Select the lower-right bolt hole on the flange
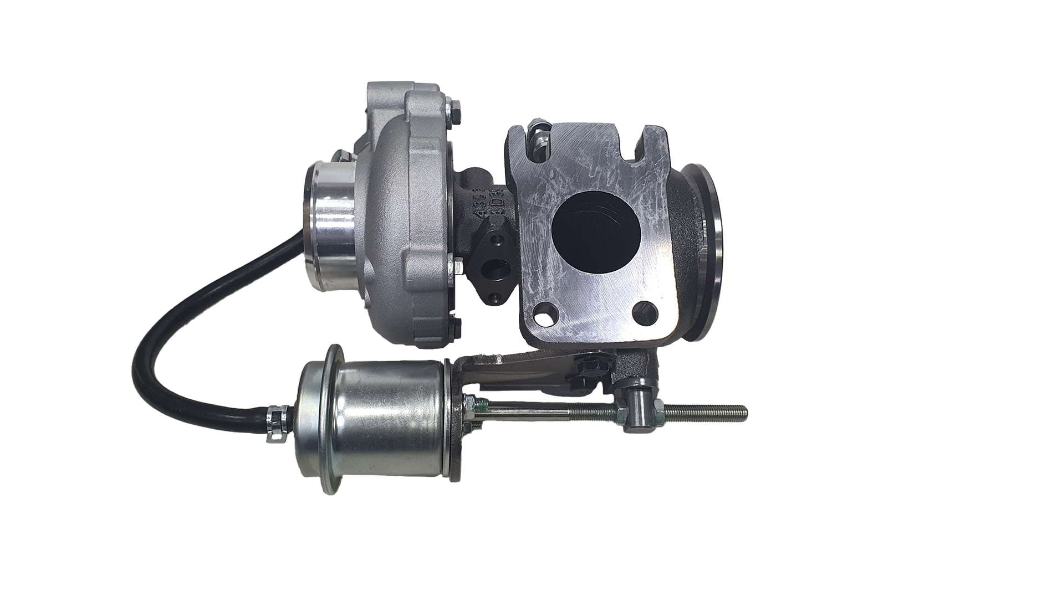pos(646,309)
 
